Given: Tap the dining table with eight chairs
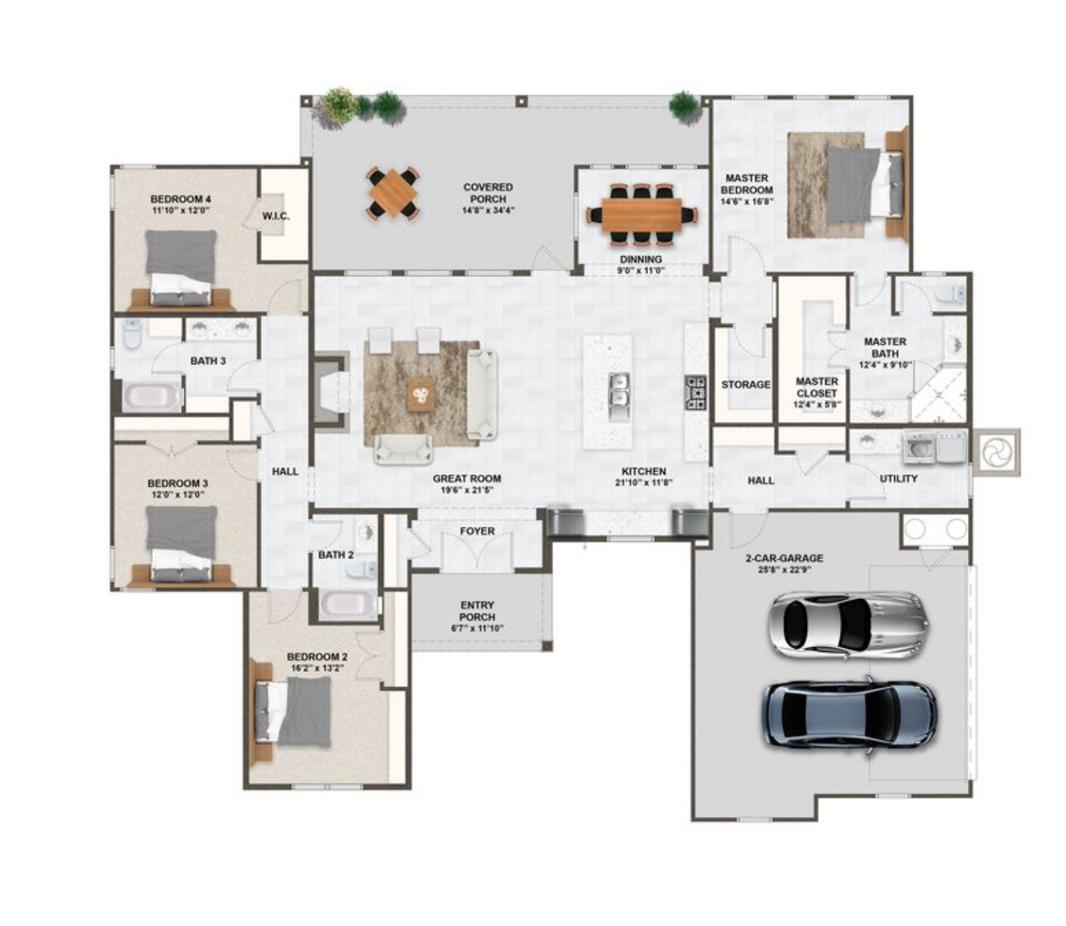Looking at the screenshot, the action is click(x=641, y=214).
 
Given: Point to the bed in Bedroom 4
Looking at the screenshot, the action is click(x=180, y=268).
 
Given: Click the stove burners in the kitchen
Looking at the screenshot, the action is click(x=695, y=392).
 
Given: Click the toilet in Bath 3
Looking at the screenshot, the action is click(x=132, y=334).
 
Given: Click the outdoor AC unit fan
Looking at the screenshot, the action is click(x=997, y=452).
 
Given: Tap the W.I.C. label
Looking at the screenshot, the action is click(x=275, y=215).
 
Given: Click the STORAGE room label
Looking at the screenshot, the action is click(x=745, y=384).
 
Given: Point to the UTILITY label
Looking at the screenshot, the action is click(x=899, y=478).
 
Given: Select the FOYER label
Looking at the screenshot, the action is click(x=477, y=531).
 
